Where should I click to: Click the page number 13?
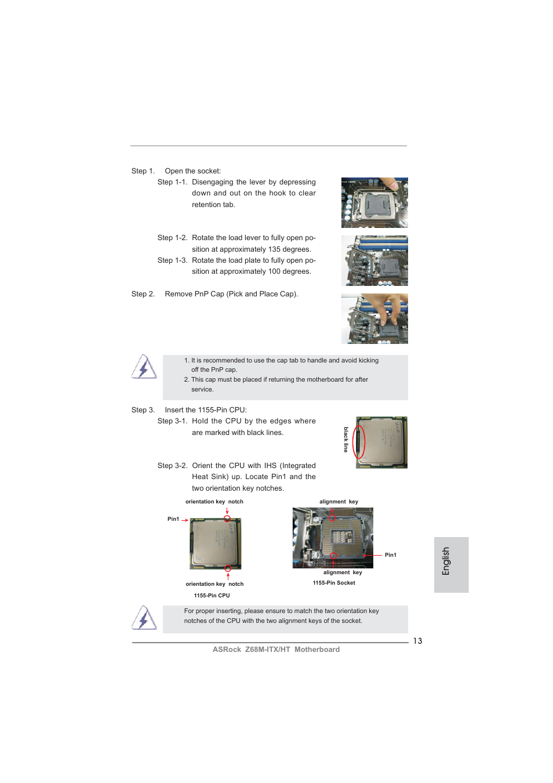[x=417, y=641]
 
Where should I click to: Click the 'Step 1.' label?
[x=143, y=171]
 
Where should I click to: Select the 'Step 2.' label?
[x=143, y=294]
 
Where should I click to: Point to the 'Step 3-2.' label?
[x=172, y=466]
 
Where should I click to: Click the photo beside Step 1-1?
[x=374, y=202]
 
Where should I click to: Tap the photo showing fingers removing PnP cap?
[x=374, y=318]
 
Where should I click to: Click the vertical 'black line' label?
[x=346, y=440]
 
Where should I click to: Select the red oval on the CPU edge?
[x=359, y=442]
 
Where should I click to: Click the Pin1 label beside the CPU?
[x=173, y=519]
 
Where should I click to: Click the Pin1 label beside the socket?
[x=391, y=555]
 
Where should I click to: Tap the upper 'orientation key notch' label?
[x=214, y=502]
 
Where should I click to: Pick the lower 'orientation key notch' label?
[x=214, y=584]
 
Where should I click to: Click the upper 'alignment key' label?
[x=339, y=502]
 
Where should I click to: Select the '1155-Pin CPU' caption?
[x=212, y=596]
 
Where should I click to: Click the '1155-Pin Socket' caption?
[x=334, y=583]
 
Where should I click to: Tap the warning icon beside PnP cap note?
[x=144, y=367]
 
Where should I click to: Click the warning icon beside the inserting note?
[x=144, y=618]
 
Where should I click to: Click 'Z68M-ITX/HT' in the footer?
[x=267, y=650]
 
